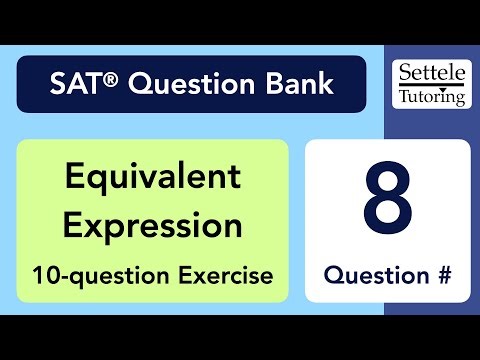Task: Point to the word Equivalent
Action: tap(153, 178)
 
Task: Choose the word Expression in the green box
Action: tap(153, 225)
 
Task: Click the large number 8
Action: tap(387, 198)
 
